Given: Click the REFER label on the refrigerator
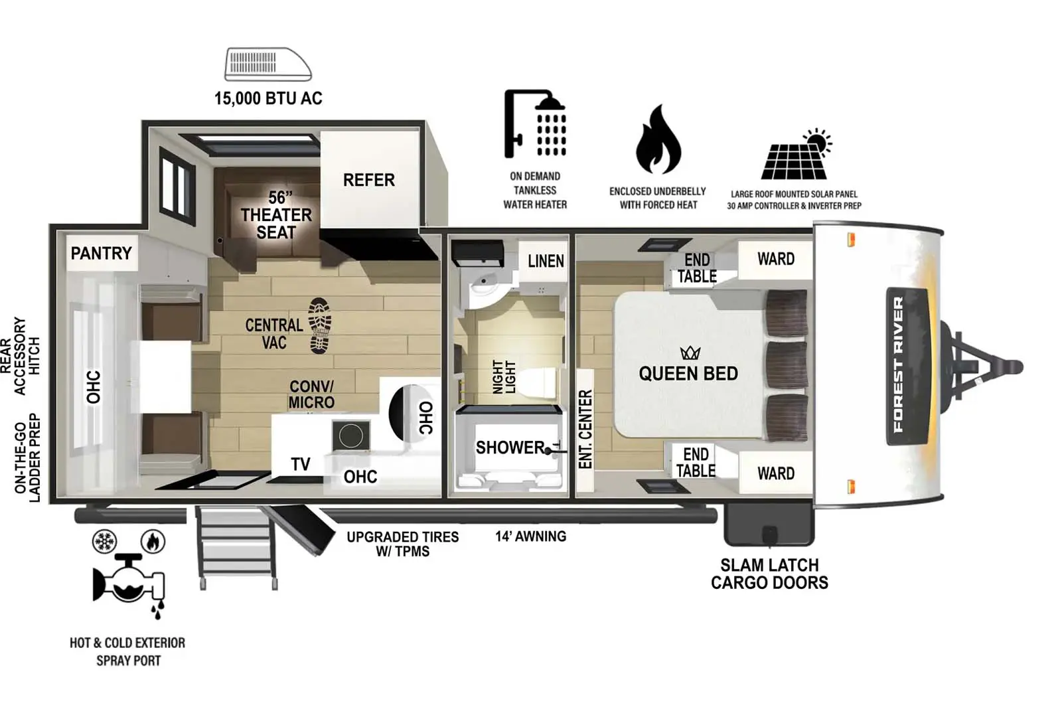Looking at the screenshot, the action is (369, 180).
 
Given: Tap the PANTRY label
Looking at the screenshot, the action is (101, 253).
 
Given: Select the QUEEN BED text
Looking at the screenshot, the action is (688, 374).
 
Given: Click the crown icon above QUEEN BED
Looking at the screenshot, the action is (690, 353).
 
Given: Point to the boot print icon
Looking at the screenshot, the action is (321, 326).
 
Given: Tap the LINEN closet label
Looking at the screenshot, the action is (546, 261).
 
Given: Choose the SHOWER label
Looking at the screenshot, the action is (510, 447).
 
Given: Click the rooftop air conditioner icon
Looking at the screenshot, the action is (268, 64).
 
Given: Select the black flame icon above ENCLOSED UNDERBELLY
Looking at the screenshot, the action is (658, 139).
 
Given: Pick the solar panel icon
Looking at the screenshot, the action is (796, 155).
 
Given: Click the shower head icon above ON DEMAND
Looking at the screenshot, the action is (535, 123).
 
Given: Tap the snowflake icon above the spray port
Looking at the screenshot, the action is (104, 541).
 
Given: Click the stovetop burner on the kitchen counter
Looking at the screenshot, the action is (351, 435).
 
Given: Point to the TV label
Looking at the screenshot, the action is (301, 464).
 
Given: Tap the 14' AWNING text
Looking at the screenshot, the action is (530, 536).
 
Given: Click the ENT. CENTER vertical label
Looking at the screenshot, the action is (585, 430).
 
